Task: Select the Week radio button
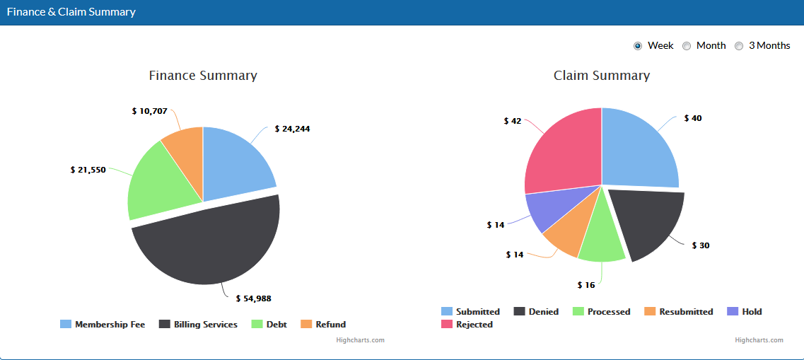click(x=638, y=46)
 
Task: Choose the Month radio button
click(x=687, y=46)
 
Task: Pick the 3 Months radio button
click(x=739, y=46)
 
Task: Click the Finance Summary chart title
click(x=203, y=75)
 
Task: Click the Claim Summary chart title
click(x=602, y=75)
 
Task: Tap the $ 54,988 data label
click(x=253, y=298)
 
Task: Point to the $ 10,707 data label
click(x=150, y=111)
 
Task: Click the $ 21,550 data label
click(x=88, y=170)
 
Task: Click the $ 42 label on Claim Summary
click(x=513, y=121)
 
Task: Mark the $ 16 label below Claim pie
click(x=586, y=285)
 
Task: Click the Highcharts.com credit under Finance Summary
click(x=361, y=340)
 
